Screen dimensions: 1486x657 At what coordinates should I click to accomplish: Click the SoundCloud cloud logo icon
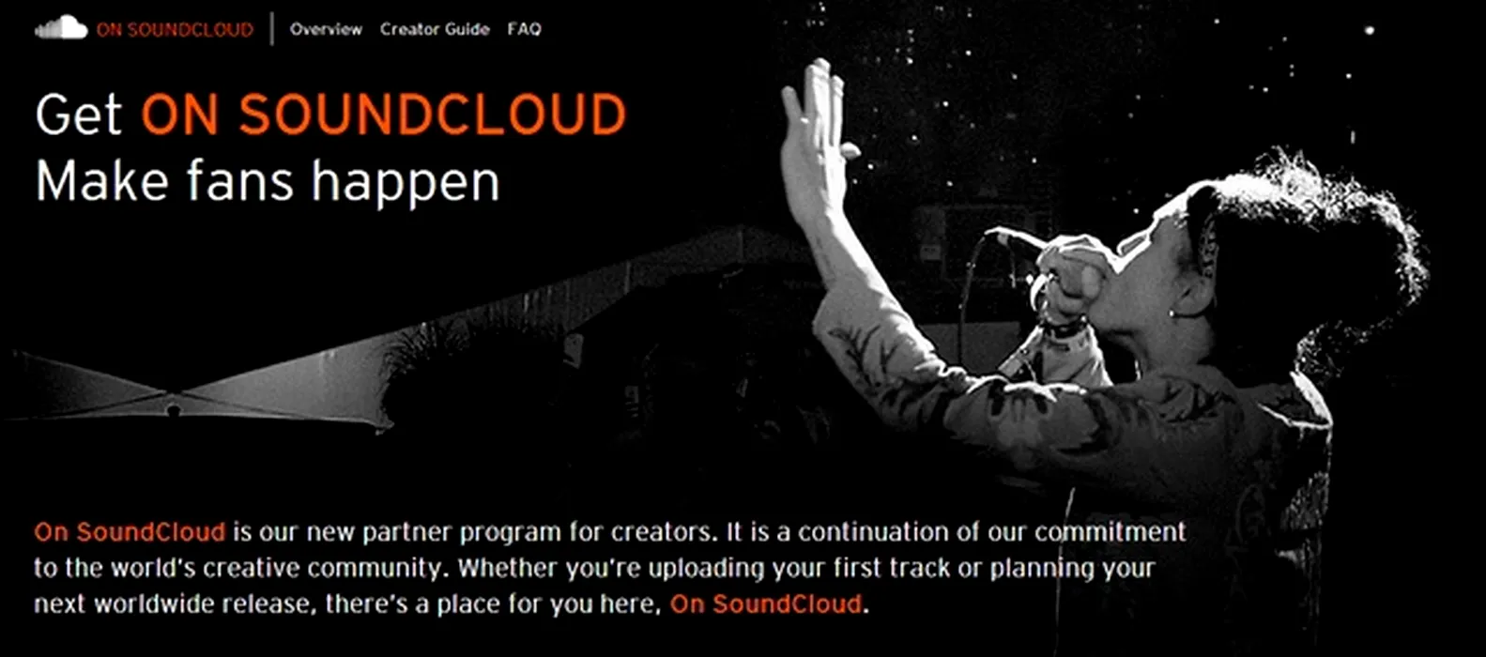click(61, 28)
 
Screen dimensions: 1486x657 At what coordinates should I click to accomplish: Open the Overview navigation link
click(326, 29)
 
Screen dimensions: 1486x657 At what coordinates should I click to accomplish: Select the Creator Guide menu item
click(435, 29)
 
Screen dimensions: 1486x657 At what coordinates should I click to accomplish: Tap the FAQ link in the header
click(524, 29)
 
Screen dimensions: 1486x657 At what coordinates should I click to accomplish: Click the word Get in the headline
click(79, 114)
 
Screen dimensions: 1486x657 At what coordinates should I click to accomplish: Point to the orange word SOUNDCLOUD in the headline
click(433, 114)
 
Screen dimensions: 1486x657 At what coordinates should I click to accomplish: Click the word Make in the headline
click(102, 181)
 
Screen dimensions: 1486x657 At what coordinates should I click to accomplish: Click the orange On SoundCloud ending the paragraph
click(766, 604)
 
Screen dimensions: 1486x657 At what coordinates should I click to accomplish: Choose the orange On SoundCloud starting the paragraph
click(130, 532)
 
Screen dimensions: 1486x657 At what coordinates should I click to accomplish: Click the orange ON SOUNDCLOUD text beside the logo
click(176, 30)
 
